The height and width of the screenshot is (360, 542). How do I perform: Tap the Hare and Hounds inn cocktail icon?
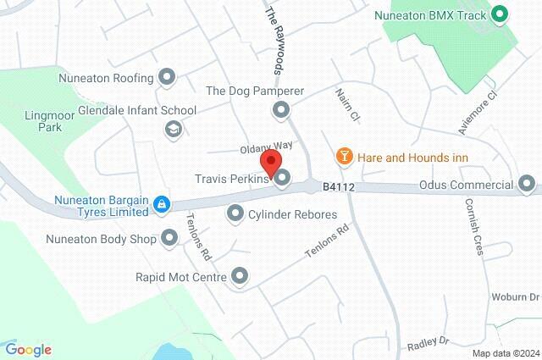[x=344, y=156]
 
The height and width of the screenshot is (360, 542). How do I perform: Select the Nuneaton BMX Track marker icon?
[x=500, y=14]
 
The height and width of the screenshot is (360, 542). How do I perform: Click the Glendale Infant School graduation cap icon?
[x=173, y=129]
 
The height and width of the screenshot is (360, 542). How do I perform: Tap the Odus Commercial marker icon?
[x=527, y=183]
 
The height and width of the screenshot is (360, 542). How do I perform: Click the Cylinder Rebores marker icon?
[x=235, y=215]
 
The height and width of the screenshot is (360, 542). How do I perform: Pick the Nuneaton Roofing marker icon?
[x=167, y=79]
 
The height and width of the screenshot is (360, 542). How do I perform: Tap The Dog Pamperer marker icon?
[x=280, y=108]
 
